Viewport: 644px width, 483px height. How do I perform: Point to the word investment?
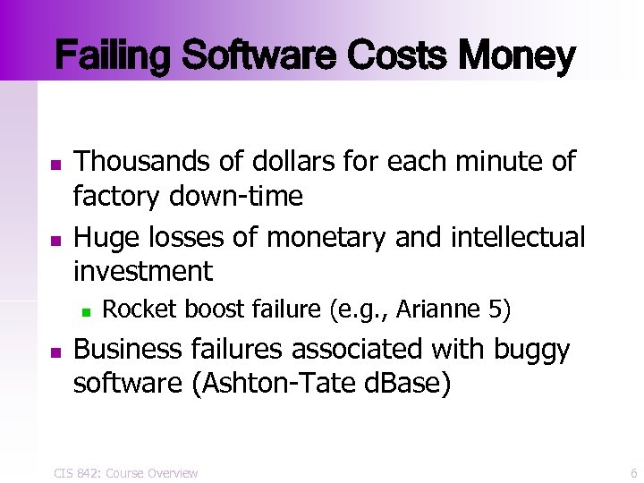(x=143, y=270)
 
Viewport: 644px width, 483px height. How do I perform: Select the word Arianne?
(x=437, y=309)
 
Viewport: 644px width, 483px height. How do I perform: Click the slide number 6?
(x=633, y=472)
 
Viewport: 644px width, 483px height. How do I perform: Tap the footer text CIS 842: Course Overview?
(x=125, y=472)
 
